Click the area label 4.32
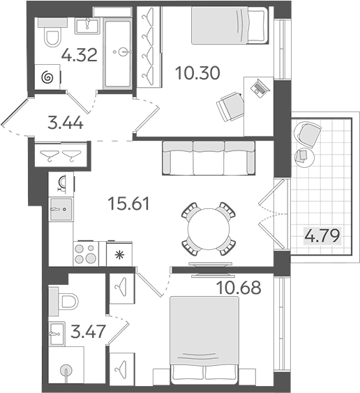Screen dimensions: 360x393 coord(80,55)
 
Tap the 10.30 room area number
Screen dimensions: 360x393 coord(197,73)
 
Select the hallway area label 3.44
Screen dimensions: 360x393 coord(65,123)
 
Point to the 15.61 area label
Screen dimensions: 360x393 coord(128,203)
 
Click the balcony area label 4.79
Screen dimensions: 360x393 coord(322,236)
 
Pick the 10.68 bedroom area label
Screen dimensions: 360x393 coord(239,288)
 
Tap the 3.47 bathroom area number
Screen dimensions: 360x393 coord(87,332)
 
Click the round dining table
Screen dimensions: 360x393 coord(209,229)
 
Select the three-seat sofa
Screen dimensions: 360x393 coord(209,158)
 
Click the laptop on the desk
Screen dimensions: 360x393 coord(260,87)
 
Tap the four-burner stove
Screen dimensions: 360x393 coord(86,254)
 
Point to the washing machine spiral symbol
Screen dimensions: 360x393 coord(47,77)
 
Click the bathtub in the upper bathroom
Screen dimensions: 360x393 coord(117,54)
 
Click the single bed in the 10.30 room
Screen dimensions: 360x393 coord(229,26)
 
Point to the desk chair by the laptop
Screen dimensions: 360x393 coord(230,107)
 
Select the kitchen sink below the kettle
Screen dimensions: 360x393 coord(61,209)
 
